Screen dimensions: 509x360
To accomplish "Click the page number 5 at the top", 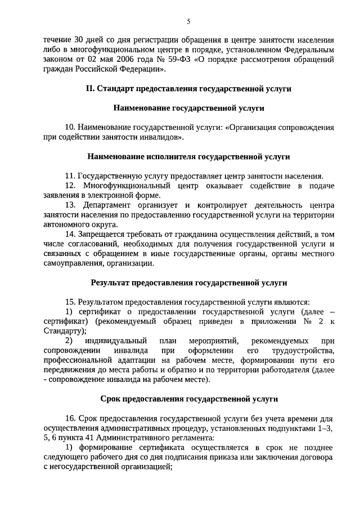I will (x=188, y=21).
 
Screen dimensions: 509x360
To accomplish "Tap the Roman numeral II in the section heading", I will (x=89, y=88).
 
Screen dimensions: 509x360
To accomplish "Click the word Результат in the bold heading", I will (x=111, y=282).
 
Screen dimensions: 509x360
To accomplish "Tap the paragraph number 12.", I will (x=70, y=185).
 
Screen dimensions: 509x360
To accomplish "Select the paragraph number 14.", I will (x=70, y=233).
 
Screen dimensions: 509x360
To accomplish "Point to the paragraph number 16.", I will (x=70, y=418).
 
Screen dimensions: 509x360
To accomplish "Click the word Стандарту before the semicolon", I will (x=63, y=331).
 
